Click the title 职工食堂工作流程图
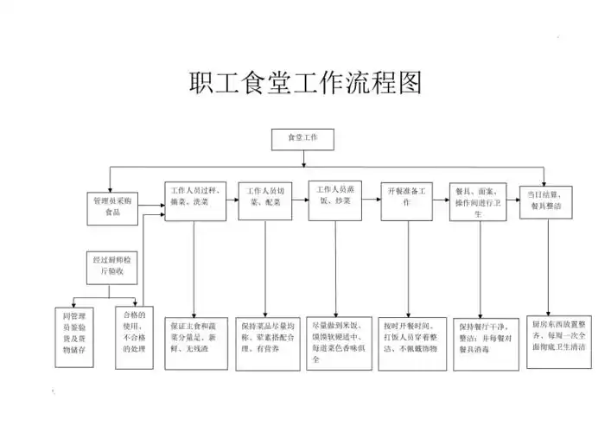305,84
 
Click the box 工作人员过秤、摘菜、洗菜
196,200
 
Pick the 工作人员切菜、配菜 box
265,200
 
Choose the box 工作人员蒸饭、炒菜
335,200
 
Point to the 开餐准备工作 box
406,200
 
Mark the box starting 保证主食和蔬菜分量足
195,340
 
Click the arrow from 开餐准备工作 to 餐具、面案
441,200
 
